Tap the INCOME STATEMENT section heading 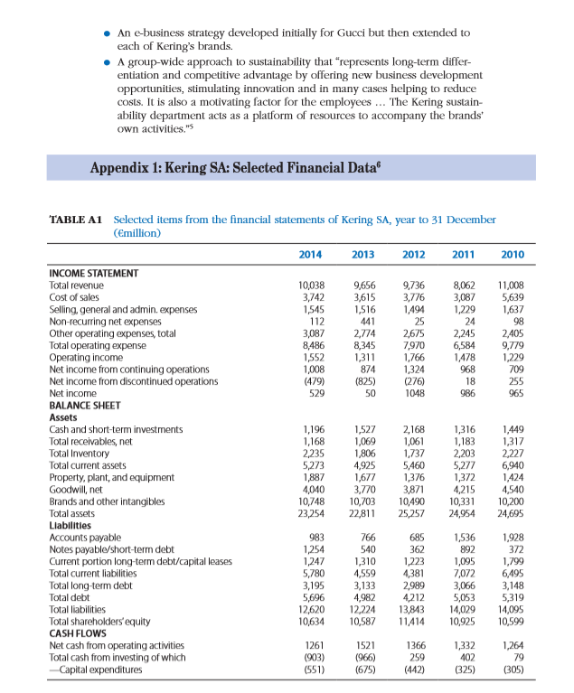93,273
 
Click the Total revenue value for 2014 311,285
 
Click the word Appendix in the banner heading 118,168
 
